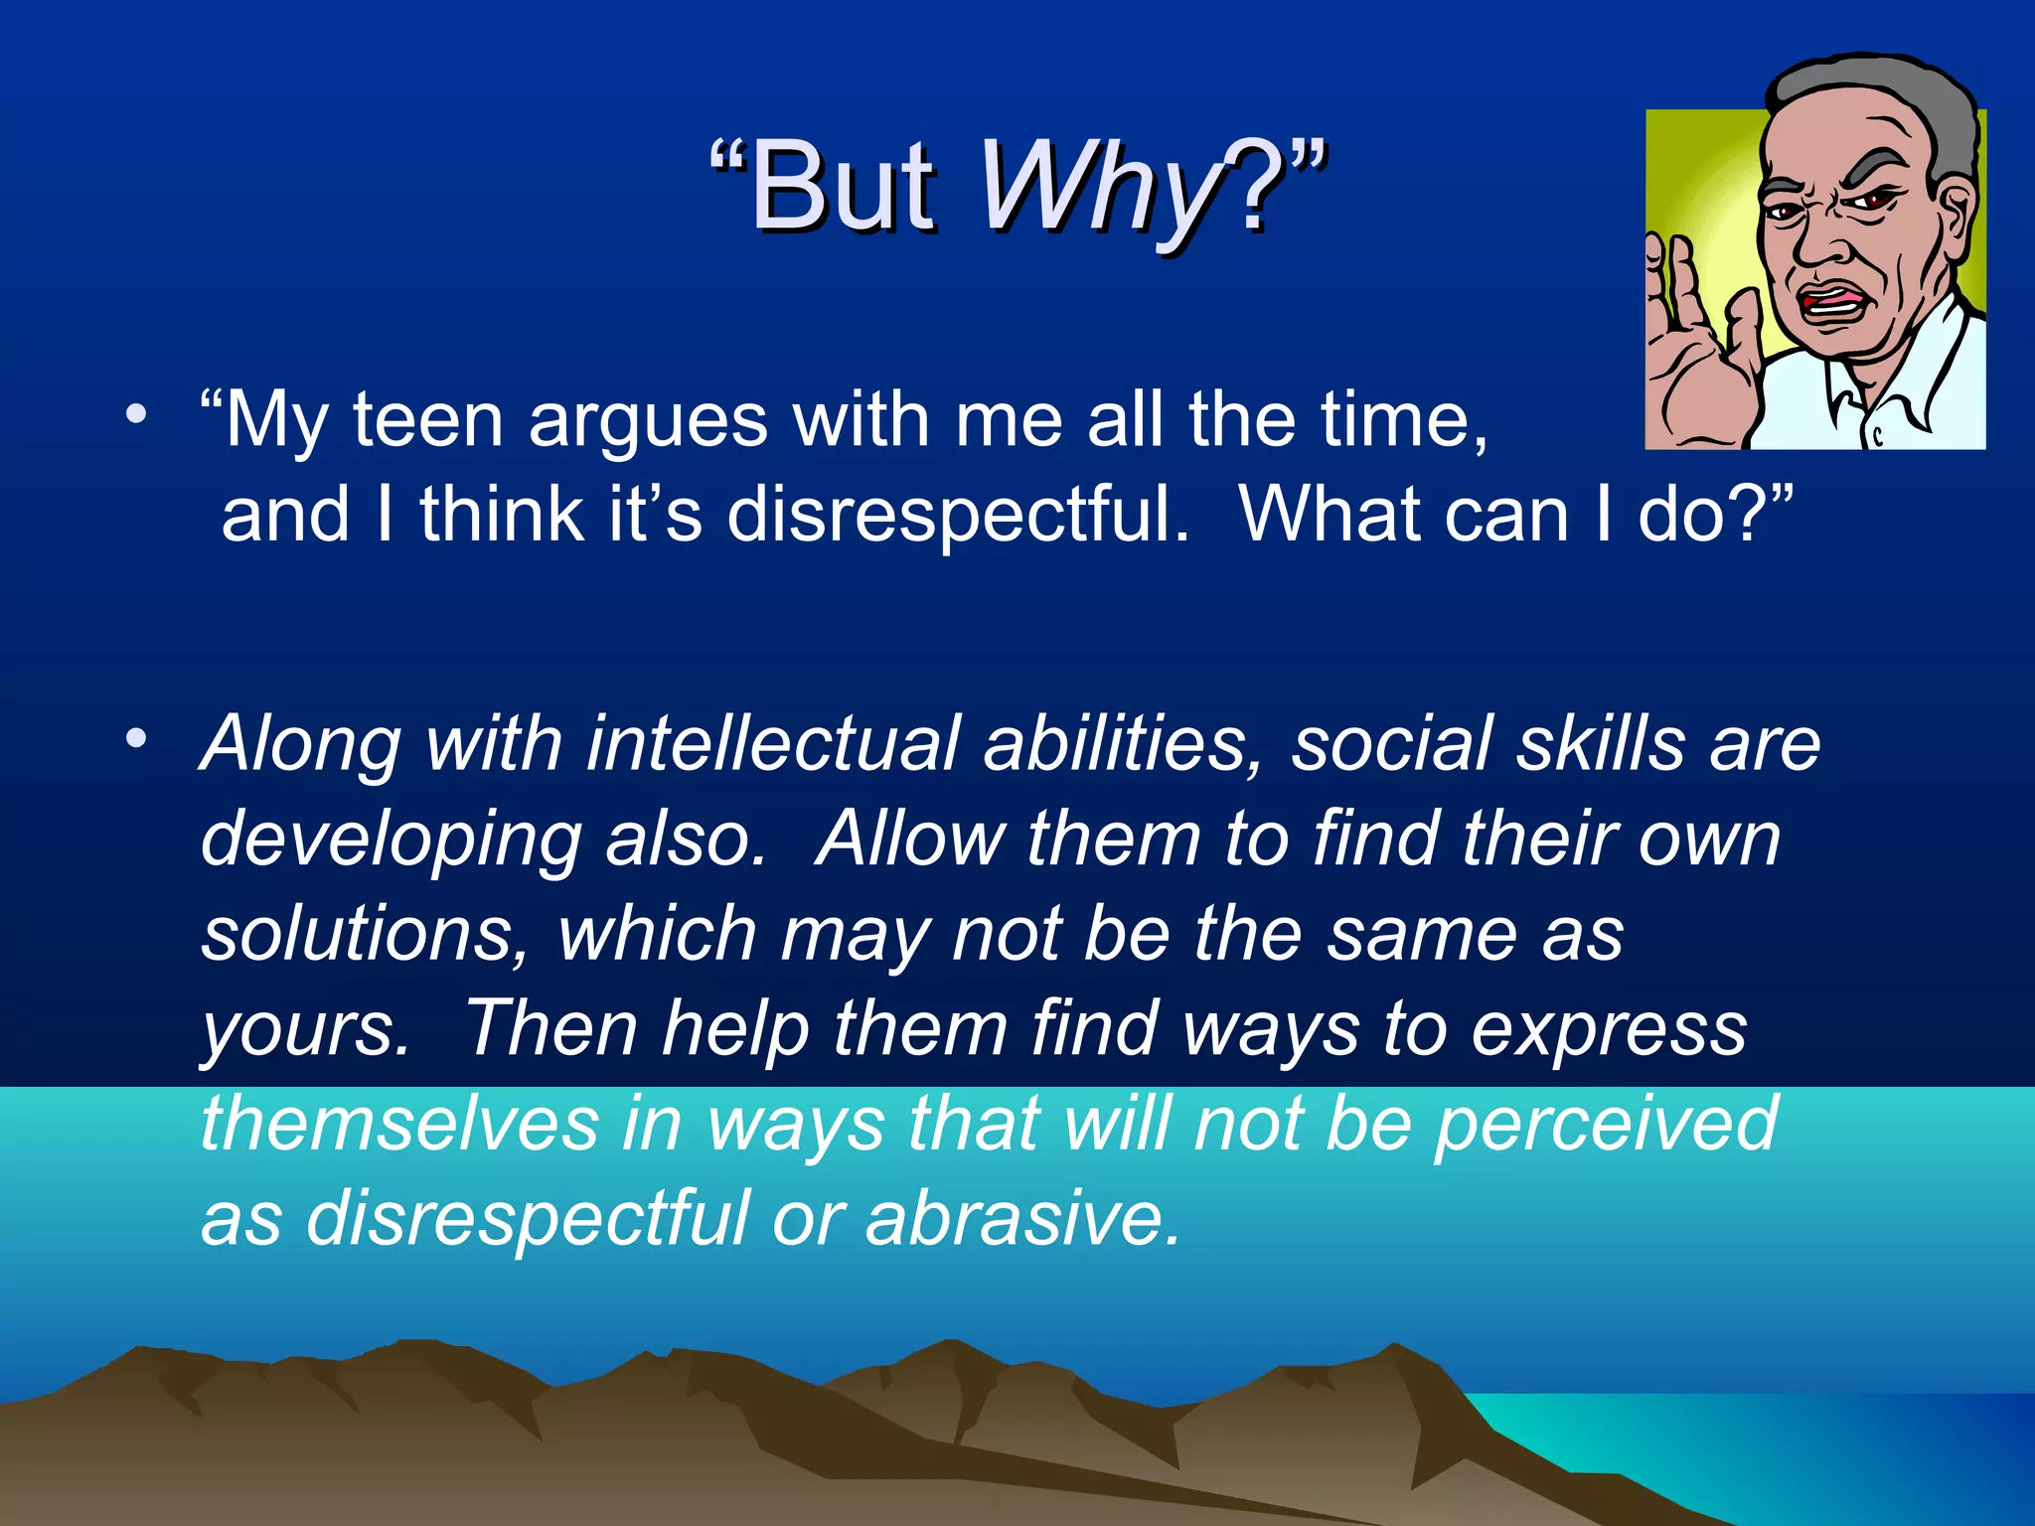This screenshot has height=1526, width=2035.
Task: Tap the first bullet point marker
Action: click(x=136, y=412)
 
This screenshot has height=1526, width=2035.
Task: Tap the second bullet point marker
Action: click(x=136, y=737)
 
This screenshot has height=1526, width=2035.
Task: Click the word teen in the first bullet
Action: click(x=428, y=421)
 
